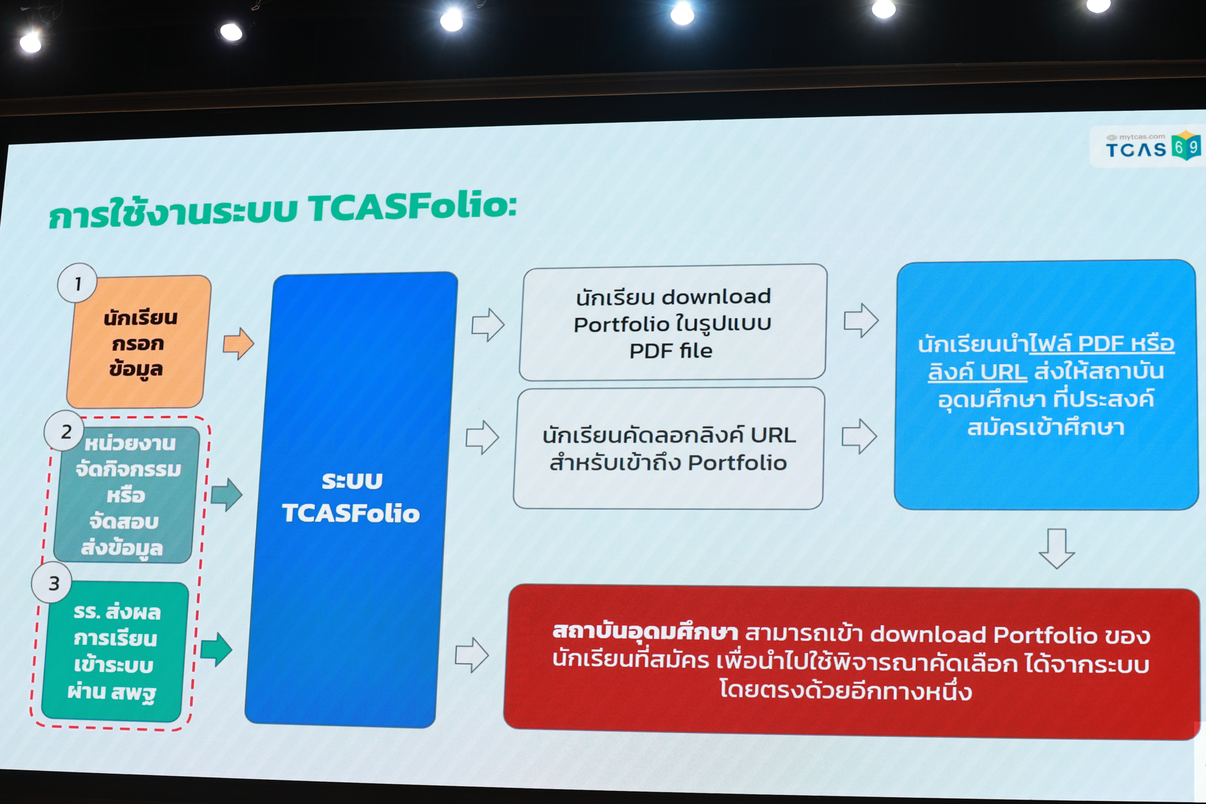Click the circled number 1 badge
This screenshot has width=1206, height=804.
point(77,283)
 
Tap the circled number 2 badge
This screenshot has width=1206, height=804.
point(65,431)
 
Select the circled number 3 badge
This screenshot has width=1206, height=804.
point(53,583)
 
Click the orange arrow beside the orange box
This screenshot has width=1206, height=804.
point(238,343)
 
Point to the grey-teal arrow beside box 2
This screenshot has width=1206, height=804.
point(226,494)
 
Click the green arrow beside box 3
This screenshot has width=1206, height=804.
point(216,649)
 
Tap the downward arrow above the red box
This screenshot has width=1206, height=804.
point(1056,548)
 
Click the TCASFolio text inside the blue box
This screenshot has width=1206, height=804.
point(351,513)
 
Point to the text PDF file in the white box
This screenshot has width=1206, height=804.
point(671,351)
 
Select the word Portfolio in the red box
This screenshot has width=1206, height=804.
point(1045,635)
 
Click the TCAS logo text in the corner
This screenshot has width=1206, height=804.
point(1136,149)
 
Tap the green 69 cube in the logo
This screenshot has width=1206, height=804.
point(1185,145)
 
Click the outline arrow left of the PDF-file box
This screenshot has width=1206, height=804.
point(488,324)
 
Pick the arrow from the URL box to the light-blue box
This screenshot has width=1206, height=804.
point(859,436)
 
